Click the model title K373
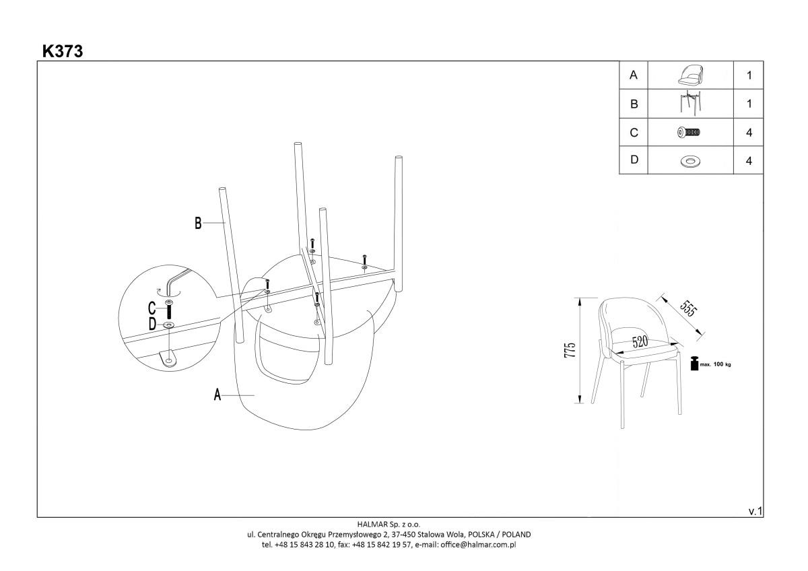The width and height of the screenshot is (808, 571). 63,51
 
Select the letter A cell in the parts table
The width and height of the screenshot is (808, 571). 633,75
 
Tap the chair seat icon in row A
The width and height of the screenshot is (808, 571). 689,75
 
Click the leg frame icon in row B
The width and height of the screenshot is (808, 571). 689,104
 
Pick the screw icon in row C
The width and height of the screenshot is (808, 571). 689,133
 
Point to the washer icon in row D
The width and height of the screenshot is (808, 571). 689,161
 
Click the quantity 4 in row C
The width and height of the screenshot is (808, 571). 749,133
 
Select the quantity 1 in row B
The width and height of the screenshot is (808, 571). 749,104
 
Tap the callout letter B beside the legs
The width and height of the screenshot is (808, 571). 198,224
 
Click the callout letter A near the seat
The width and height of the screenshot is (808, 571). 217,395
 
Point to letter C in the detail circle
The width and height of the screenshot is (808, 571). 152,309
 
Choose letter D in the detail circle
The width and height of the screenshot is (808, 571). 152,325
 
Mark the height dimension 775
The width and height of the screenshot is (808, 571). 570,351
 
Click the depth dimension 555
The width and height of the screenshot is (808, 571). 687,308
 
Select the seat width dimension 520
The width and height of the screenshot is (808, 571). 640,342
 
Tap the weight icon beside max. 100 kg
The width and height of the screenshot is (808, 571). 694,364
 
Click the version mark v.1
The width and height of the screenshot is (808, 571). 755,512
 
